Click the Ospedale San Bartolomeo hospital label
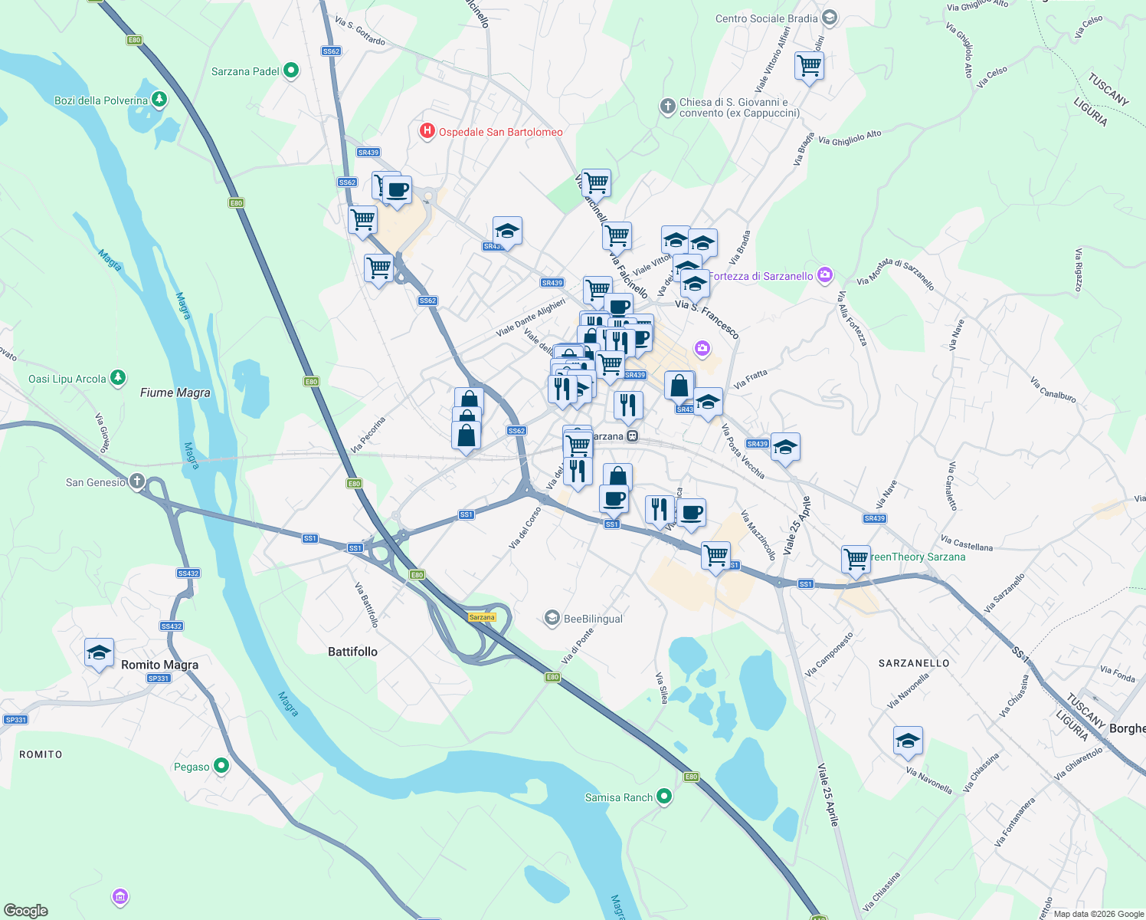500,132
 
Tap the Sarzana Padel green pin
290,71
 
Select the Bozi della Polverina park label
101,100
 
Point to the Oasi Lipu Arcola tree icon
117,377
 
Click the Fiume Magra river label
175,393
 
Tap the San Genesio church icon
136,481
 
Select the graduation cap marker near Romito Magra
99,652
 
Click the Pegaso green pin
221,765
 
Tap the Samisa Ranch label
618,797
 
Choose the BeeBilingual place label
592,619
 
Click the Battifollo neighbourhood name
352,652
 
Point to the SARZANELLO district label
914,663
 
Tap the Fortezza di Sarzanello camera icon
824,275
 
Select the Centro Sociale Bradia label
766,18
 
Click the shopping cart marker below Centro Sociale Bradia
809,66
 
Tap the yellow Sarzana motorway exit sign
482,617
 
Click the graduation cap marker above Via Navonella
907,741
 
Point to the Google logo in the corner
26,910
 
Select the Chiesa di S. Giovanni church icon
668,106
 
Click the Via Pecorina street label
368,434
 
